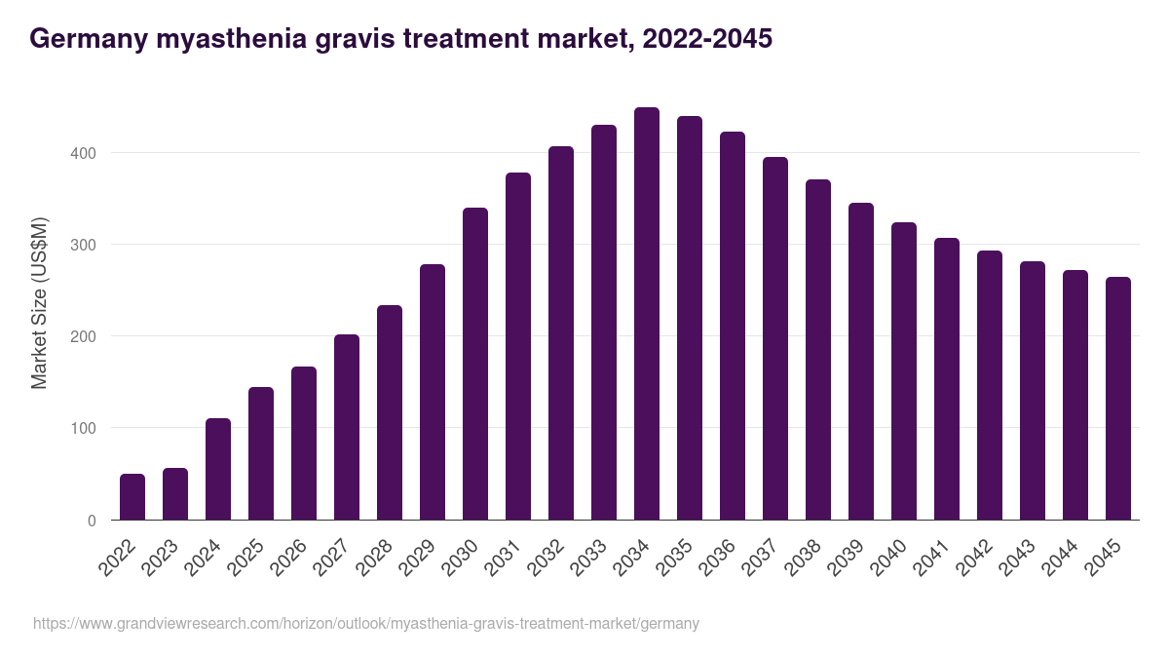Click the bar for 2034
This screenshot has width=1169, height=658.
pyautogui.click(x=647, y=314)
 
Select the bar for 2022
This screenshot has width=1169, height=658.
pyautogui.click(x=132, y=497)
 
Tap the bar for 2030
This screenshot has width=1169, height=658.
pyautogui.click(x=475, y=364)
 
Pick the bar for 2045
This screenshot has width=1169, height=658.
pyautogui.click(x=1118, y=399)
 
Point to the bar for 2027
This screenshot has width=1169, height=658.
pyautogui.click(x=347, y=427)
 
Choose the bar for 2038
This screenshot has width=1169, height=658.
pyautogui.click(x=818, y=350)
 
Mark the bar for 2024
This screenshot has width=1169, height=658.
pyautogui.click(x=218, y=469)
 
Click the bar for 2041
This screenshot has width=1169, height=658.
pyautogui.click(x=947, y=379)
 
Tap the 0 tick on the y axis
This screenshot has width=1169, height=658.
pyautogui.click(x=92, y=521)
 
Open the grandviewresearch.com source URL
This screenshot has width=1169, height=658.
pyautogui.click(x=366, y=623)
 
